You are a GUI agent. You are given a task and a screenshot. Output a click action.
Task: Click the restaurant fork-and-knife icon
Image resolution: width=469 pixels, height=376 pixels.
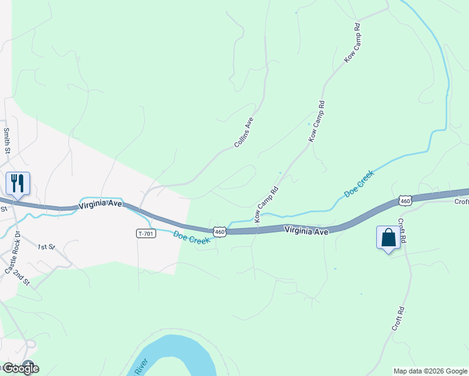pos(18,184)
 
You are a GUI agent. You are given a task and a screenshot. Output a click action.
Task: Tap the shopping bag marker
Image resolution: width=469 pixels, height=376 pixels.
pos(388,238)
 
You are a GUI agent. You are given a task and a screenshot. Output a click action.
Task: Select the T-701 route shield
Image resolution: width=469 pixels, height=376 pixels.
pos(145,233)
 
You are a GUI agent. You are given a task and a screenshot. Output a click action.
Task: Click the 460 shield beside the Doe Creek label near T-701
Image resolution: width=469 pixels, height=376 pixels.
pos(219,232)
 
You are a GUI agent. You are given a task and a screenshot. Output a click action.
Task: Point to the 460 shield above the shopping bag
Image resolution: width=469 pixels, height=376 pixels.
pos(404,201)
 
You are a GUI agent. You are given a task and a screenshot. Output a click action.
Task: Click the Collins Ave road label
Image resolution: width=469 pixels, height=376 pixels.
pos(243,133)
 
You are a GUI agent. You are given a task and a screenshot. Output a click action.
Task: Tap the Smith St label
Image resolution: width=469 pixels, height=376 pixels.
pos(8,141)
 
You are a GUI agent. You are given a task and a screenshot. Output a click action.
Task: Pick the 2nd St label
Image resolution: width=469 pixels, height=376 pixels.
pos(22,278)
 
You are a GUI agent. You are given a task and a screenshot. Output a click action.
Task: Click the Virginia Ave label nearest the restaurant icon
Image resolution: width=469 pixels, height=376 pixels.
pos(100,206)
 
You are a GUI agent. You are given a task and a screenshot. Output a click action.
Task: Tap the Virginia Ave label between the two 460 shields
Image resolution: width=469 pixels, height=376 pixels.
pos(307,231)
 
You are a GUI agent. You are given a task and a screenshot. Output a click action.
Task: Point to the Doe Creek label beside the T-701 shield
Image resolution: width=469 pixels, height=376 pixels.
pos(191,239)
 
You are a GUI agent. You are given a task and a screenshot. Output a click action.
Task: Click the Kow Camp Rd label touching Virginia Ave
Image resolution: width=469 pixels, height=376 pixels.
pos(266,204)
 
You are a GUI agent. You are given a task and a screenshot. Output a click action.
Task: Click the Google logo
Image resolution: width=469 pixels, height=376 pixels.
pos(20,368)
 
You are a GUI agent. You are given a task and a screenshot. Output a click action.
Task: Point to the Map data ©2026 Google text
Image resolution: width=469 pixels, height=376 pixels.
pos(431,371)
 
